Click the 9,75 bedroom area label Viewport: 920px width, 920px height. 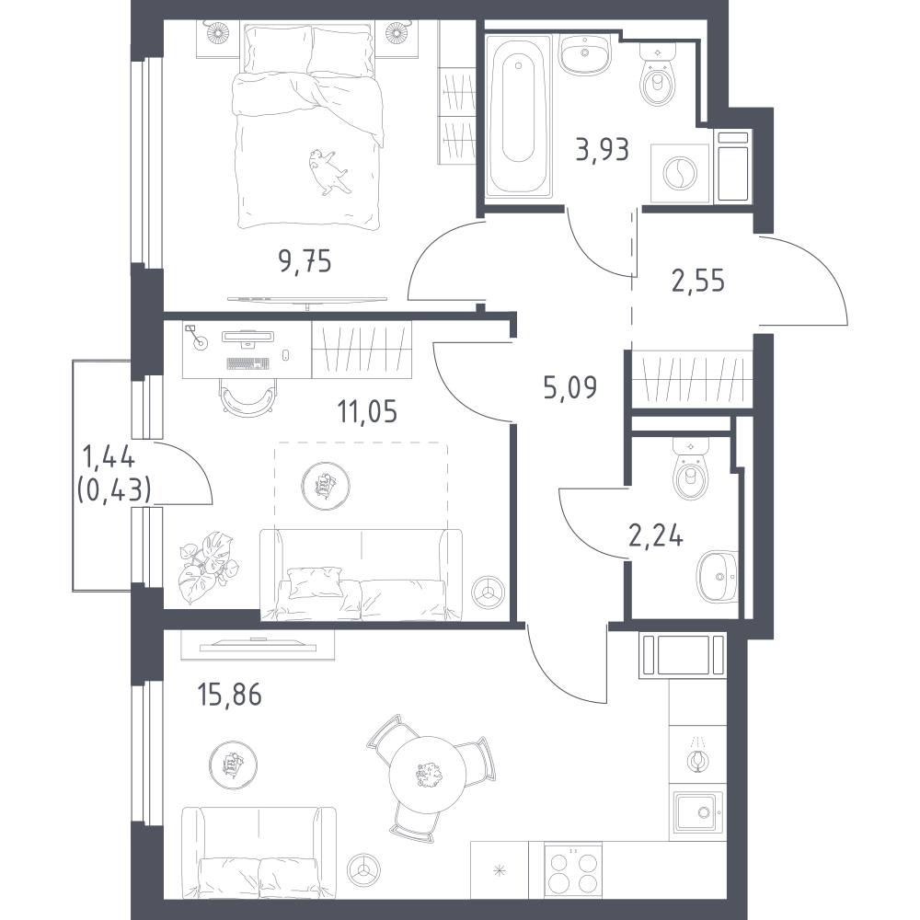click(305, 261)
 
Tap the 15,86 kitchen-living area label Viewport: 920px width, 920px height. click(229, 695)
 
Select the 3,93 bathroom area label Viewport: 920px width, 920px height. click(603, 149)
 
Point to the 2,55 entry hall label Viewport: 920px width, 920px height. click(698, 281)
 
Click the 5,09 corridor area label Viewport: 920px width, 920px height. click(570, 387)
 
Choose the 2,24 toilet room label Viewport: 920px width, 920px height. click(656, 535)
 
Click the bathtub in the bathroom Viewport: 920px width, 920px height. click(519, 115)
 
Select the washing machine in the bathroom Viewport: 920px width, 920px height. click(681, 174)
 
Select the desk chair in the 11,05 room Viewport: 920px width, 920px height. click(249, 397)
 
